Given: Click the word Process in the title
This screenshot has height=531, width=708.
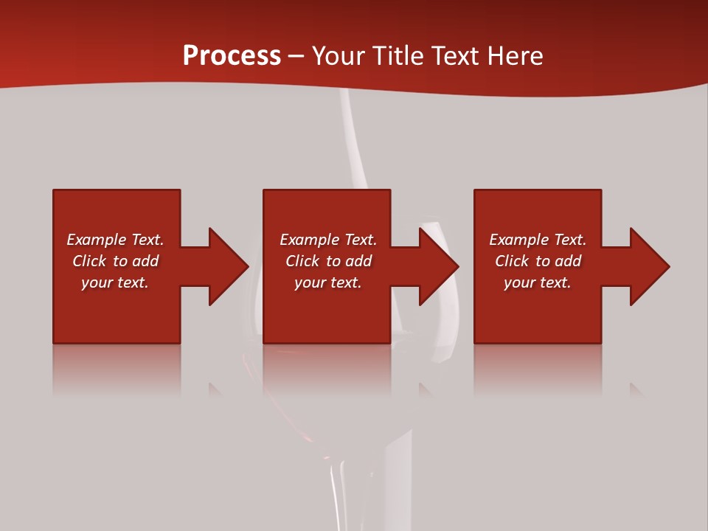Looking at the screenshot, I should (x=232, y=56).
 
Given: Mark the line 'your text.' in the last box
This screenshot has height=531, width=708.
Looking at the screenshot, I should (x=537, y=282).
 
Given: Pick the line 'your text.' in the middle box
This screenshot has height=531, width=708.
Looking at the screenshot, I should (x=327, y=282).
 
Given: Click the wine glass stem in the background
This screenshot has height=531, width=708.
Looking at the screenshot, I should (x=337, y=487).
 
